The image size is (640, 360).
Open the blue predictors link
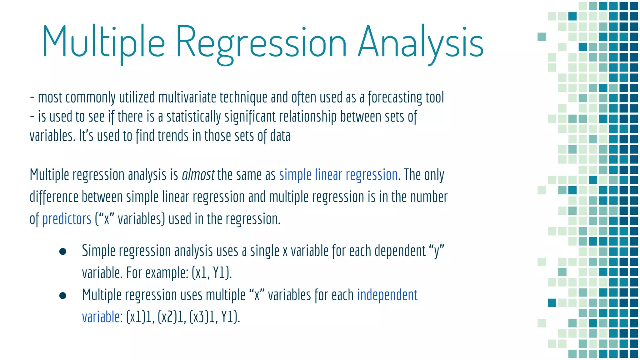pyautogui.click(x=67, y=219)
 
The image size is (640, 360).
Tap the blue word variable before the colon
pyautogui.click(x=101, y=317)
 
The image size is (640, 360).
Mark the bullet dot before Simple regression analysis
pyautogui.click(x=63, y=252)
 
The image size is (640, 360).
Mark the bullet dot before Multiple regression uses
pyautogui.click(x=63, y=296)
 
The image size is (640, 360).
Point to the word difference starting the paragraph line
pyautogui.click(x=54, y=197)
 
